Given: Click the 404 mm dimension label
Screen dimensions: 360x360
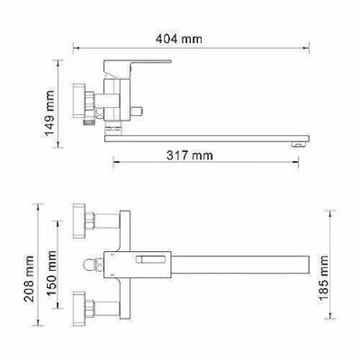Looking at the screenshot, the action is click(x=179, y=39).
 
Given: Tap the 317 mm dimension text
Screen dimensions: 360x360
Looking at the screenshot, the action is click(x=190, y=156).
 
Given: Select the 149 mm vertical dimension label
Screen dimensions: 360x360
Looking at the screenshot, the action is click(x=50, y=113).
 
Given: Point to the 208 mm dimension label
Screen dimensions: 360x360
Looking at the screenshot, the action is click(x=29, y=279).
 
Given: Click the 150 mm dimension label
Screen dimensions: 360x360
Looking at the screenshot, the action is click(x=51, y=273).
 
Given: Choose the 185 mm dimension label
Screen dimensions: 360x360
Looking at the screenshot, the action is click(x=324, y=278).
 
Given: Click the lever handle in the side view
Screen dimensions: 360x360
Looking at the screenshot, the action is click(x=137, y=67).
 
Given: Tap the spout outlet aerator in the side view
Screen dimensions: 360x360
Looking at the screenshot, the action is click(x=298, y=145).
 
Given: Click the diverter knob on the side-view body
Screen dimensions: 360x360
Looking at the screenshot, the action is click(x=137, y=112).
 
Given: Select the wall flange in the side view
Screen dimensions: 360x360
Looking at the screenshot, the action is click(x=79, y=101).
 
